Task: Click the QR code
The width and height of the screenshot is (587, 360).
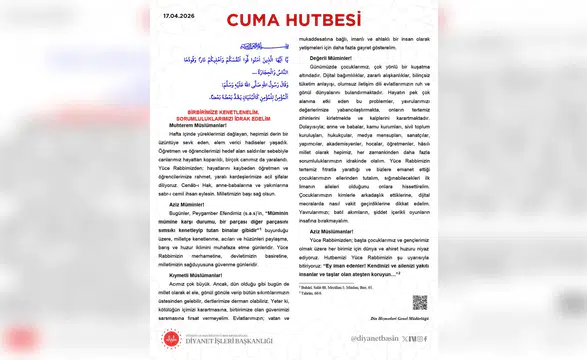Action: coord(420,302)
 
